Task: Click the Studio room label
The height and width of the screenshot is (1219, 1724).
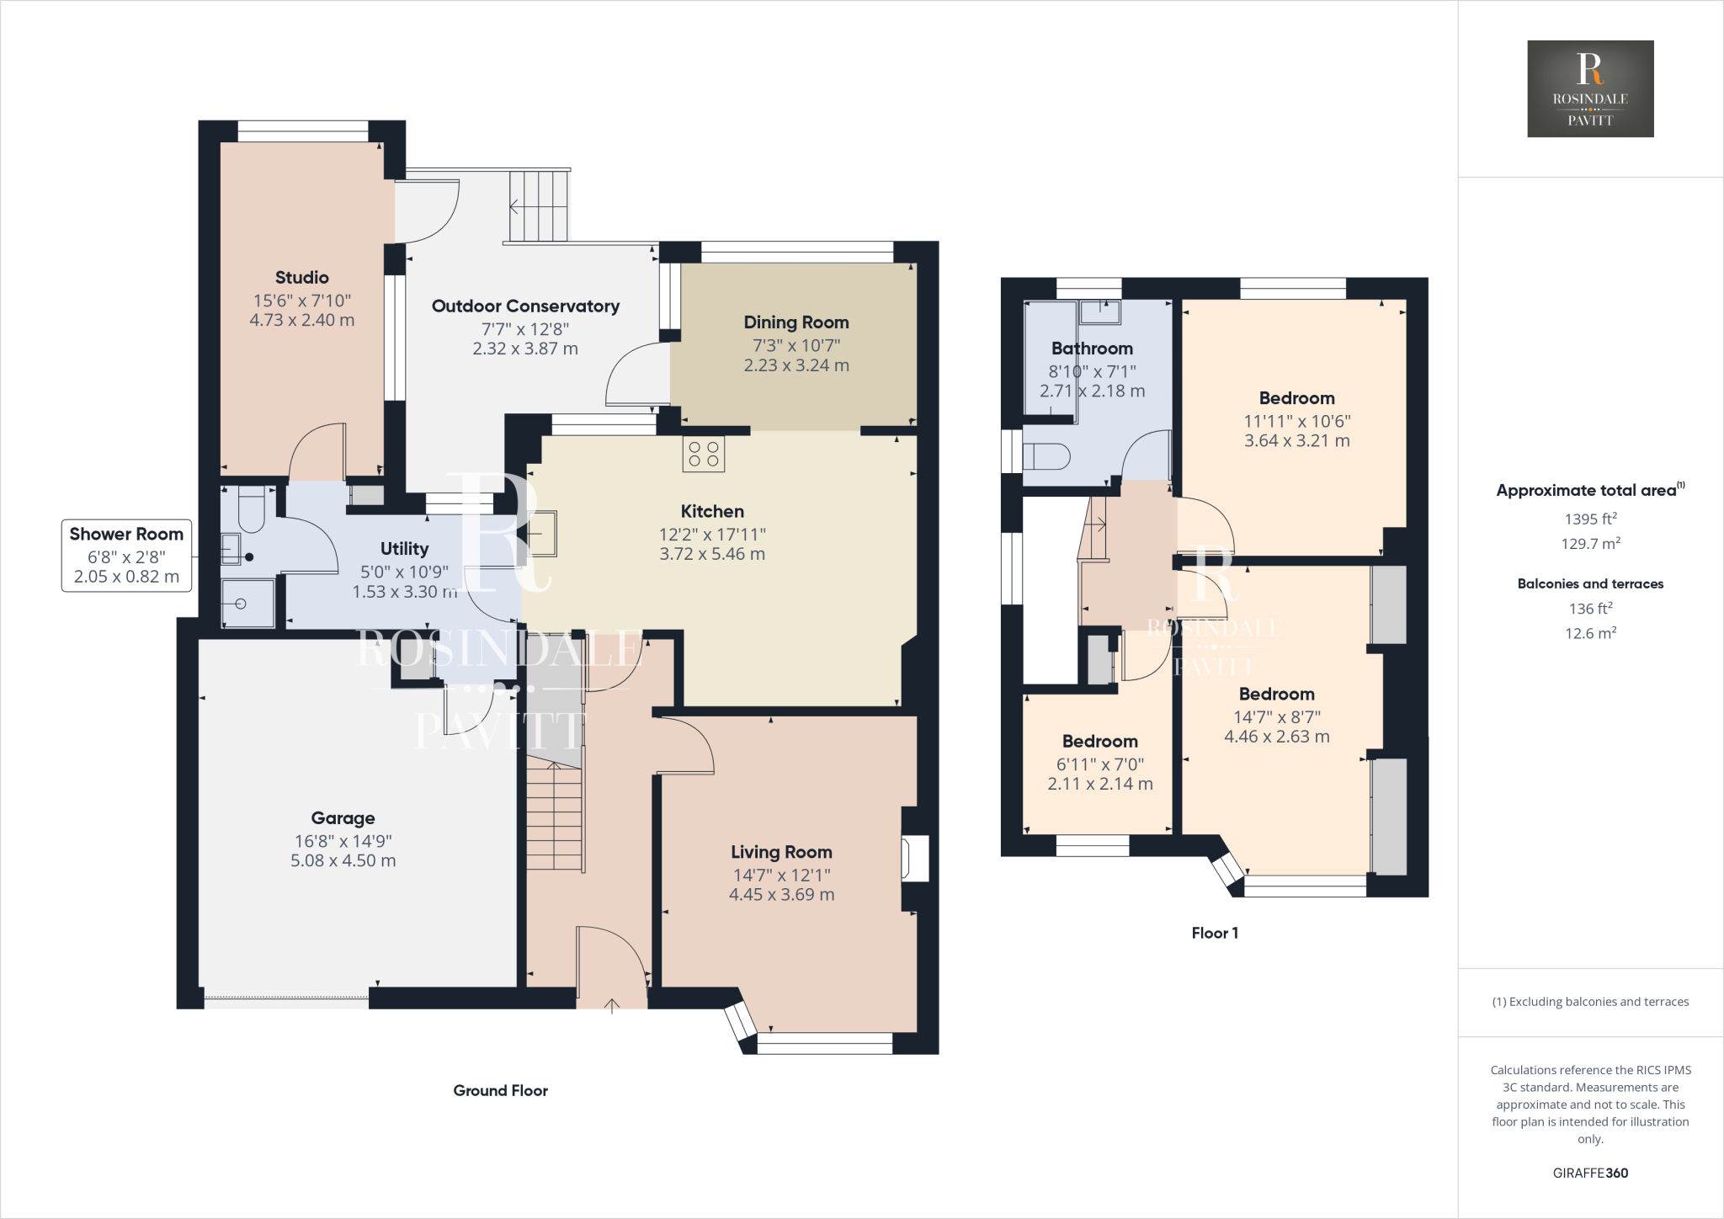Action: point(301,278)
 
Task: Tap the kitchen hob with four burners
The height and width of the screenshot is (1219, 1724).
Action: point(704,454)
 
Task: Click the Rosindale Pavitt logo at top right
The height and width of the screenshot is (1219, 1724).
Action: point(1589,88)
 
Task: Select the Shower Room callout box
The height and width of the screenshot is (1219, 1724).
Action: point(126,556)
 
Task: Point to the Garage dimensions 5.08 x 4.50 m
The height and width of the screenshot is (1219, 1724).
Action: point(343,860)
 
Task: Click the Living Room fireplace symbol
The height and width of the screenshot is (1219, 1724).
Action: point(914,858)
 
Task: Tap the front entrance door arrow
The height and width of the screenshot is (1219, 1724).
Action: point(612,1004)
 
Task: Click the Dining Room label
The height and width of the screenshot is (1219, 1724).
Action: point(795,322)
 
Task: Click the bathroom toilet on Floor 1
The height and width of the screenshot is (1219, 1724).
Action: point(1046,457)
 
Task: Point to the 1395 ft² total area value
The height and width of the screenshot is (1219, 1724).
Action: point(1589,519)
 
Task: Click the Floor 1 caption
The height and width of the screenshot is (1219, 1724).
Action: point(1214,933)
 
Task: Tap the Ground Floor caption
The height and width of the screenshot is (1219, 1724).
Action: point(500,1090)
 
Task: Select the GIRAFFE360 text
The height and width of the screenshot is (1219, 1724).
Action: point(1589,1173)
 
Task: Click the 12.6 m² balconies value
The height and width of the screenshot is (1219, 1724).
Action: point(1589,633)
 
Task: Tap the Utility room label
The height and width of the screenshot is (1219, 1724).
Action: point(404,549)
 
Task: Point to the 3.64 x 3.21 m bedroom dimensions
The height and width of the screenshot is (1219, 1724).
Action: point(1296,440)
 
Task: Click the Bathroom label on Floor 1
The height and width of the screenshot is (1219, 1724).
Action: point(1092,349)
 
